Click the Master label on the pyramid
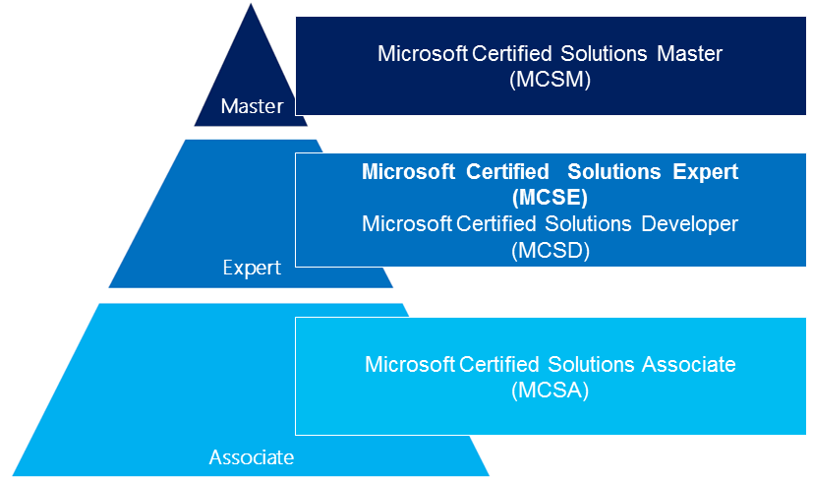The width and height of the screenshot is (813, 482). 252,106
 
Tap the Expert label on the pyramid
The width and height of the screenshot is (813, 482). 252,268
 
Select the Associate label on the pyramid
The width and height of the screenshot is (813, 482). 252,457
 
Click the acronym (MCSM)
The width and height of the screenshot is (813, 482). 551,80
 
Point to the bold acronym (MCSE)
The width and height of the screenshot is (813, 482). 550,197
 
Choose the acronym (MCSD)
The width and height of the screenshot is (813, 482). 551,251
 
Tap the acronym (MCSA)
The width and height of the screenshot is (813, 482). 551,391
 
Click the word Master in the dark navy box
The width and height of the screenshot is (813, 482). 689,53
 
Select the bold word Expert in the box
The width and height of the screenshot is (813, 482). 705,172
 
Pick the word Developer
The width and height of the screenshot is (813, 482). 689,224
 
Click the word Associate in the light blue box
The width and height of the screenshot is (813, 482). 688,364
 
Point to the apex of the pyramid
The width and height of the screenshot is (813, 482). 251,4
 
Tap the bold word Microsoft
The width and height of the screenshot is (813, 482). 409,172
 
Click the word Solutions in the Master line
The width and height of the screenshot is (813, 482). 604,53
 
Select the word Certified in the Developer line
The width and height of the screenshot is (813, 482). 495,224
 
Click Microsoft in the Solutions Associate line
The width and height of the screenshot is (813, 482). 410,364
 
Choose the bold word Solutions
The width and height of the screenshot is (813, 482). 613,172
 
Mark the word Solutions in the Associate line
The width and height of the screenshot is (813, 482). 591,364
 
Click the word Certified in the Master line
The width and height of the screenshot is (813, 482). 512,53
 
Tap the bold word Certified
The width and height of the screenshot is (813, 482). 507,172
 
